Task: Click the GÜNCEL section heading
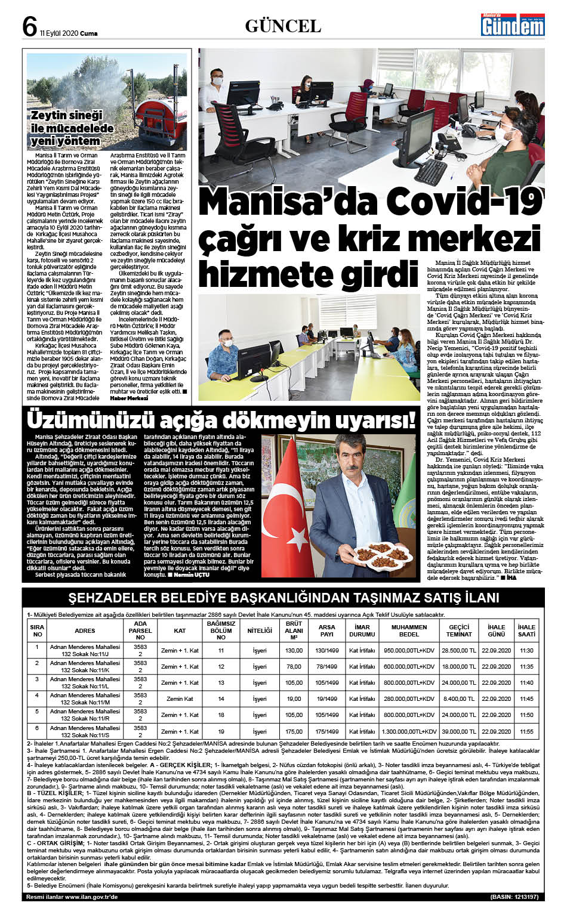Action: tap(283, 26)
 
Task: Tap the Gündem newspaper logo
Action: tap(513, 25)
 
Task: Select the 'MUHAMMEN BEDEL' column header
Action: tap(409, 630)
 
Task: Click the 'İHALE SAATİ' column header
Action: tap(526, 630)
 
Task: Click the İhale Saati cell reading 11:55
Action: tap(526, 731)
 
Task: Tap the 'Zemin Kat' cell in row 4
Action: tap(180, 698)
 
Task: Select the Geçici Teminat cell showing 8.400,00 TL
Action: tap(458, 698)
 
